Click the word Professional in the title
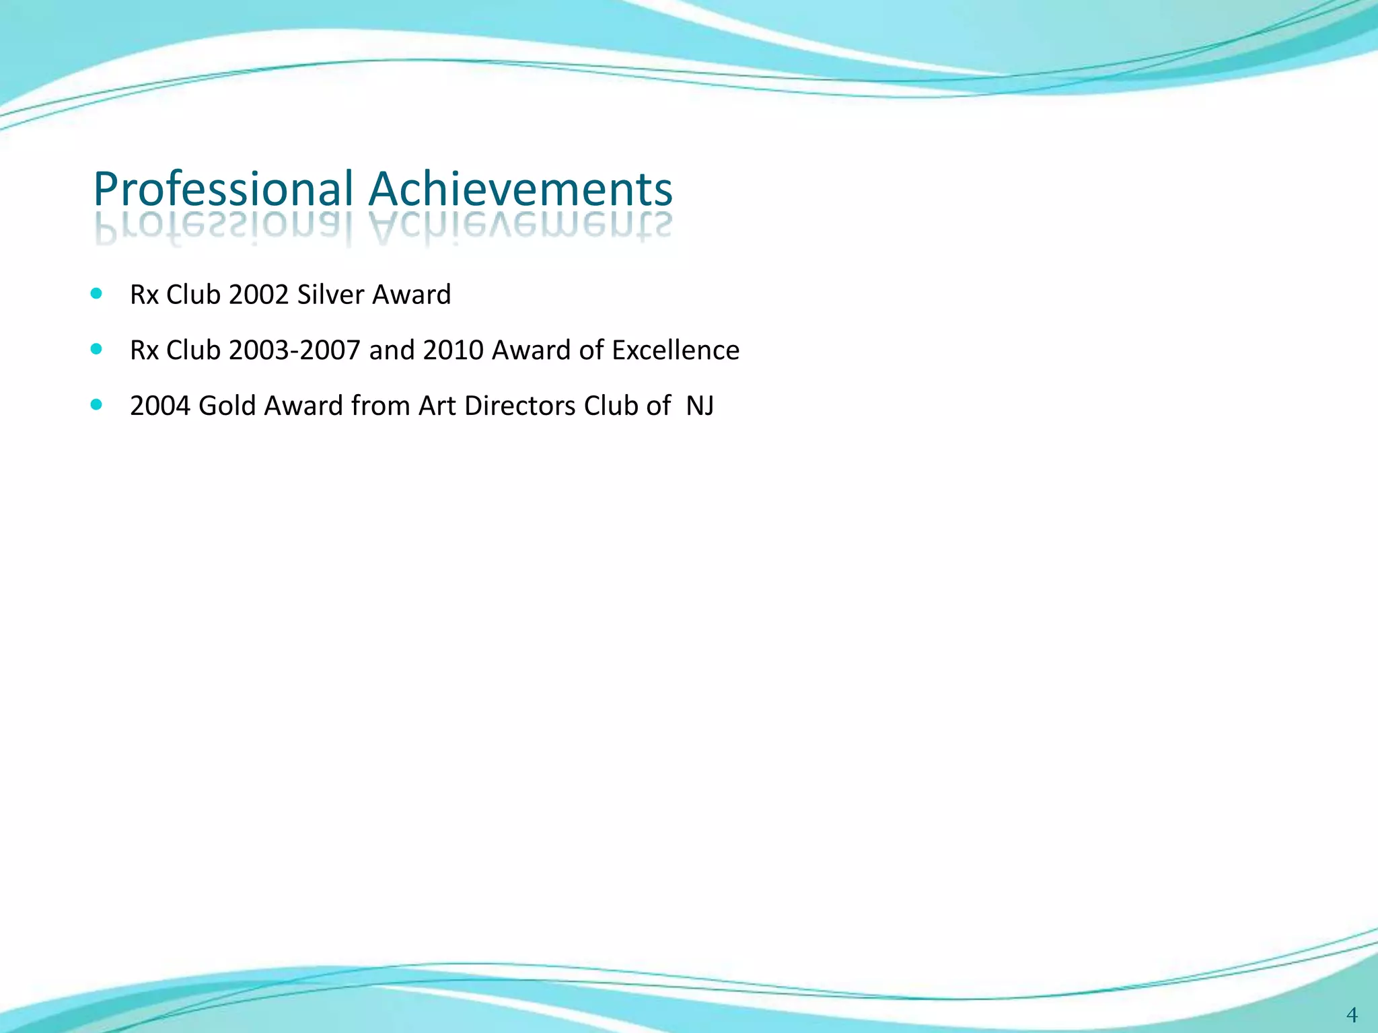tap(223, 190)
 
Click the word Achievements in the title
tap(520, 190)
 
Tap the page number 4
tap(1351, 1014)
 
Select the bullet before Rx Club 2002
tap(96, 293)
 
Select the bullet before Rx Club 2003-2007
tap(96, 349)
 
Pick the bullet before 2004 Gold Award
tap(96, 404)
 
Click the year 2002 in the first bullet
tap(258, 295)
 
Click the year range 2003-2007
tap(294, 350)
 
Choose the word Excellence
tap(675, 350)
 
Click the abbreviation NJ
tap(699, 406)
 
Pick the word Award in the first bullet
tap(411, 295)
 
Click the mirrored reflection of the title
tap(384, 229)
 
